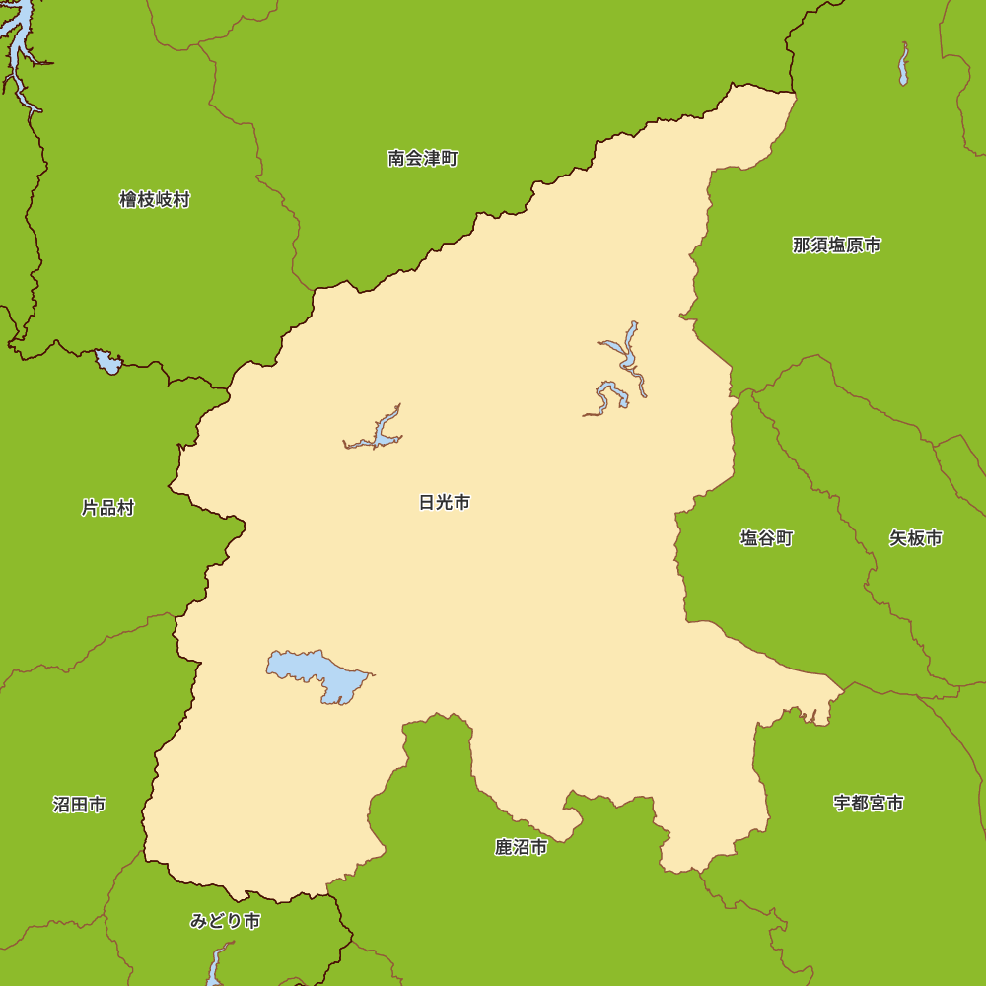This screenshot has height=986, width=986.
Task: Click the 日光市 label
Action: [x=445, y=503]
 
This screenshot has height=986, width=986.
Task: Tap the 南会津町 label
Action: [x=423, y=158]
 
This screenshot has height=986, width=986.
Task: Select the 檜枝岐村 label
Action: [x=155, y=200]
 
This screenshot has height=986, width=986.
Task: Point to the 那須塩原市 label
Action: [x=836, y=246]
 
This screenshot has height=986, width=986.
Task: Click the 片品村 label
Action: [x=107, y=509]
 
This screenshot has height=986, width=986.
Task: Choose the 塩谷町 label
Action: [x=766, y=538]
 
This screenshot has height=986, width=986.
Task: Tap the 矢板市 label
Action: [x=915, y=538]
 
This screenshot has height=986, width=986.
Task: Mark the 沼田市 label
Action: [x=79, y=805]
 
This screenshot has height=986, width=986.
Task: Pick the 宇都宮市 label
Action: [x=868, y=803]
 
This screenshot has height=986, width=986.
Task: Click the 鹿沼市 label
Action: [x=521, y=847]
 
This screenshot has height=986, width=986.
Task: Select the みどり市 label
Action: [x=225, y=921]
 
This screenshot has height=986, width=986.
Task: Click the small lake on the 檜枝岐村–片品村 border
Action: [x=107, y=363]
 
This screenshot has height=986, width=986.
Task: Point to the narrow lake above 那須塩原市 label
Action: [x=903, y=65]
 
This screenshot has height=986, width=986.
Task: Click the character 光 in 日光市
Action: [x=445, y=503]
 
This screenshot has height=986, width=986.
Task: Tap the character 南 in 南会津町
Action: [x=396, y=158]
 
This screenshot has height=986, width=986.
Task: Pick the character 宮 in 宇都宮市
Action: [x=877, y=803]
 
